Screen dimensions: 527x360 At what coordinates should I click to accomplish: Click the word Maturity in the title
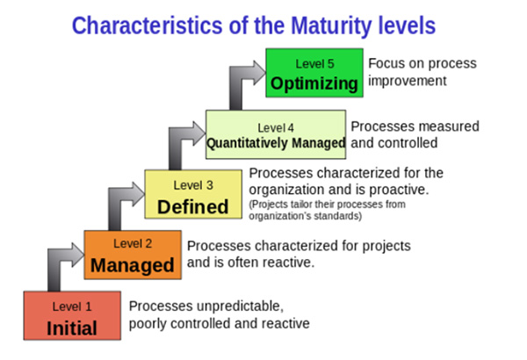(x=332, y=26)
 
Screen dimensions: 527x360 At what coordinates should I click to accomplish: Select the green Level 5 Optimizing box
(x=314, y=73)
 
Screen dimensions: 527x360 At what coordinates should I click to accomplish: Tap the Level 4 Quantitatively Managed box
(x=276, y=134)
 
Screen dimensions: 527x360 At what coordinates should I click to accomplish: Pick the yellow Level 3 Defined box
(x=193, y=194)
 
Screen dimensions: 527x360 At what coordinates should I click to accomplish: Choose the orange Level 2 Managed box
(x=133, y=255)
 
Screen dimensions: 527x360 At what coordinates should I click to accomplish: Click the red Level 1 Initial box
(x=72, y=315)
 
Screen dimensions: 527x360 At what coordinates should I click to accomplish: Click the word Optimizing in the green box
(x=314, y=83)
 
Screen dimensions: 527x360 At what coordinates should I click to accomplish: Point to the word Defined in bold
(x=193, y=206)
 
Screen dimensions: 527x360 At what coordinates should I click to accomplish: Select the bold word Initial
(x=72, y=328)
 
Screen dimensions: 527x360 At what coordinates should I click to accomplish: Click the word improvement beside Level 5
(x=408, y=81)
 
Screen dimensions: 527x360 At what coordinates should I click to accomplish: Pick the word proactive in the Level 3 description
(x=400, y=190)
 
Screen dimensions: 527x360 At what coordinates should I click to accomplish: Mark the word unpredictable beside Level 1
(x=241, y=307)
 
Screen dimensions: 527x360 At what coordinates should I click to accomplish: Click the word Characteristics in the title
(x=148, y=25)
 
